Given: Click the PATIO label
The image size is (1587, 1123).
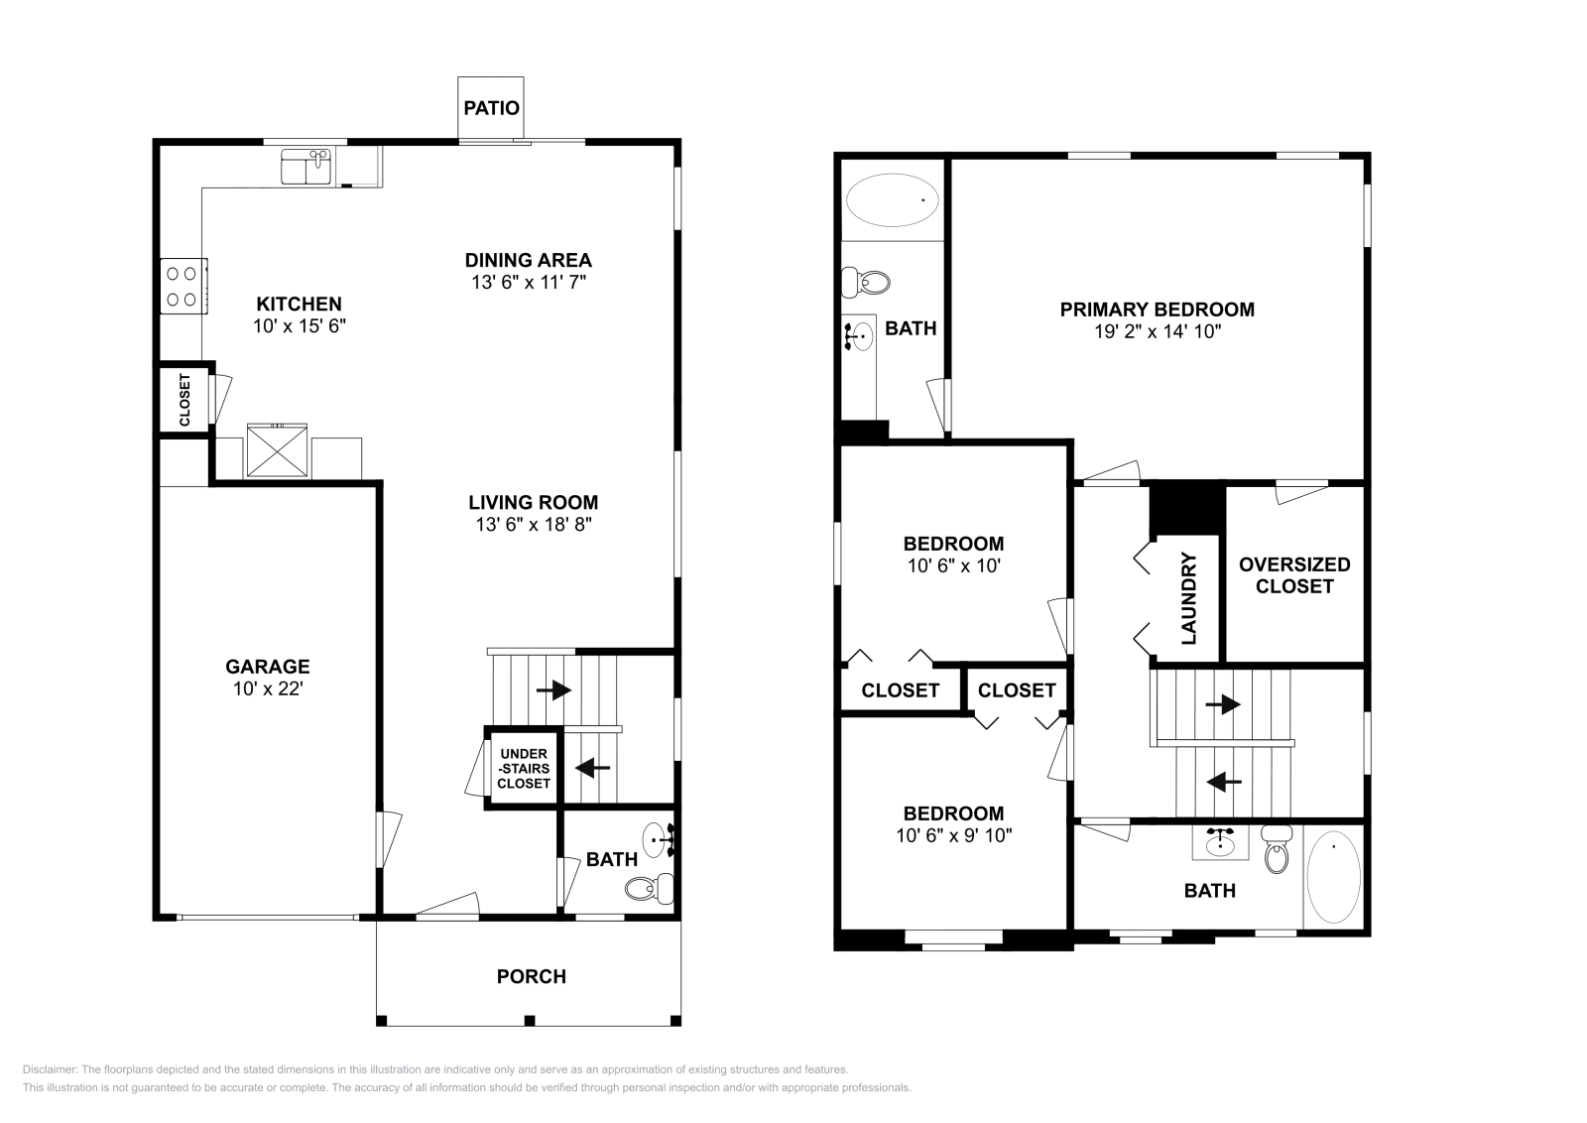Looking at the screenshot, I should pos(491,107).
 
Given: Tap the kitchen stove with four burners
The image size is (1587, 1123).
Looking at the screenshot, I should pos(183,286).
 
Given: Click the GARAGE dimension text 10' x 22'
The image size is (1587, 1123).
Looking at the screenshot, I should pos(267,688).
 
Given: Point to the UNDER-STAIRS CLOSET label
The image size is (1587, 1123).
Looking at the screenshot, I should pos(524,769).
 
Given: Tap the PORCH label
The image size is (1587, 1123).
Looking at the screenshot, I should pos(531,976).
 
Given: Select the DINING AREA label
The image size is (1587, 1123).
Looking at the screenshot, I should pos(528,260).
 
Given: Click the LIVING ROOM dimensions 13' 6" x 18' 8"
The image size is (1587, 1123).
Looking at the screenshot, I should pos(533,525).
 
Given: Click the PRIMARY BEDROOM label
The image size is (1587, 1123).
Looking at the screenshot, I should pos(1157,310).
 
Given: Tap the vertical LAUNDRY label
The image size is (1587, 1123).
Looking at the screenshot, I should pos(1189,598).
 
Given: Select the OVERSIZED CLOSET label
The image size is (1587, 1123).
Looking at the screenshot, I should pos(1294,574).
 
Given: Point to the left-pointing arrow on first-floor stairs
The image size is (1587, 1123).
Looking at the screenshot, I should pos(592,767).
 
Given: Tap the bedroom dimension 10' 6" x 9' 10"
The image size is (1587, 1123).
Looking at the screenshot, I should pos(953,835).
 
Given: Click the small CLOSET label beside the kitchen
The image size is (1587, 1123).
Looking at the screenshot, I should pos(184,400).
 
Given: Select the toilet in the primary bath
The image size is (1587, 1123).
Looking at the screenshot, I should pos(866,283).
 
